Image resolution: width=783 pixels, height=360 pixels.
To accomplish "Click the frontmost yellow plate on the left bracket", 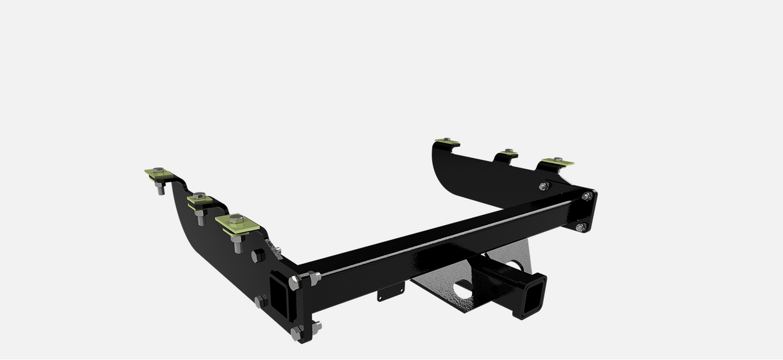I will coord(237,223).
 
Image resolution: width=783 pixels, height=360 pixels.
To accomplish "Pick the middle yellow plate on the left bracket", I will coord(200,201).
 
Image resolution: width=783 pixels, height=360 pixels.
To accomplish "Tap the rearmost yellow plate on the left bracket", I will coord(158,174).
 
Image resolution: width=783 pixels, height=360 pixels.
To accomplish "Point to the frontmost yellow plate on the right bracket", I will coord(557,161).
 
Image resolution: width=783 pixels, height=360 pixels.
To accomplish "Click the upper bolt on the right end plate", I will coord(586,195).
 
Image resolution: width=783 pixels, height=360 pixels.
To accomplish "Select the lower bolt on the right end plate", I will coord(580,226).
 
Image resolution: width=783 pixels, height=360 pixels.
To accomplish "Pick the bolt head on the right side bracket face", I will coord(544,186).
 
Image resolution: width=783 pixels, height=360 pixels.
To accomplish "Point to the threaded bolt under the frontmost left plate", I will coord(236,245).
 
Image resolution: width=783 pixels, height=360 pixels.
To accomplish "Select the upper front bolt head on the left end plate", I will coord(314,278).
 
